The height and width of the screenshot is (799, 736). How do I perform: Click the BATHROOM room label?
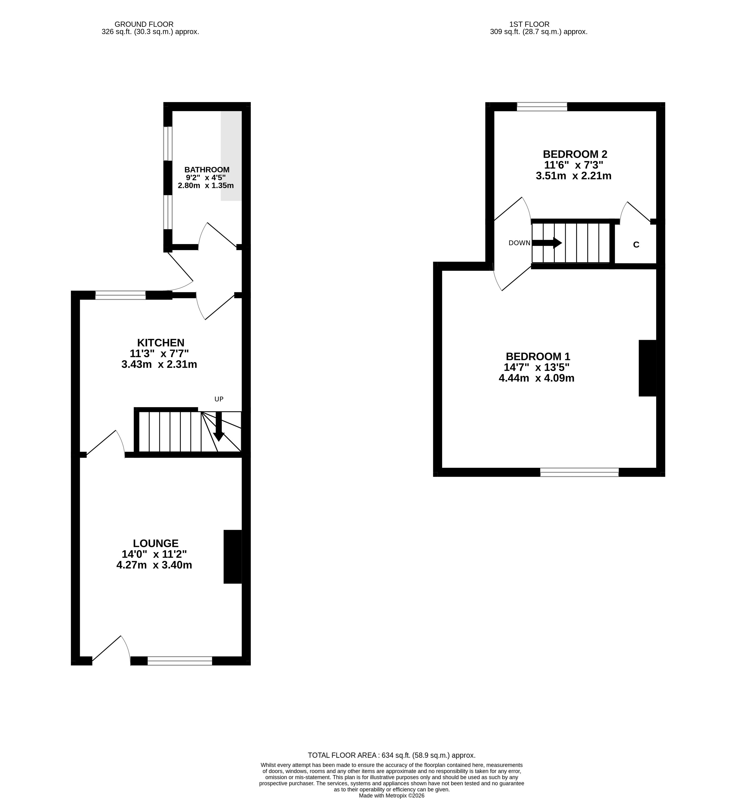[207, 170]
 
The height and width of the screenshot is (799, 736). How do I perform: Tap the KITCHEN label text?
[161, 343]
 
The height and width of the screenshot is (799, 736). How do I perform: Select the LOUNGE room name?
[156, 543]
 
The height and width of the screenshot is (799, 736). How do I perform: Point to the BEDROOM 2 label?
[575, 154]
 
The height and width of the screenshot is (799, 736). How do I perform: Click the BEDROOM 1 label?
[538, 356]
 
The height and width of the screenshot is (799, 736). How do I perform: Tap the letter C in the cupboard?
[636, 245]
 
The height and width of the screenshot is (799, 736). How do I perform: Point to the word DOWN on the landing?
[519, 243]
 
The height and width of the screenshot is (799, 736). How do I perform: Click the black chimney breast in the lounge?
[232, 557]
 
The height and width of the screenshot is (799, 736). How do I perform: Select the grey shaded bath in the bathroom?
[231, 156]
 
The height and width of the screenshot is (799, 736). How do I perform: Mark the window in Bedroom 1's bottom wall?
[580, 472]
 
